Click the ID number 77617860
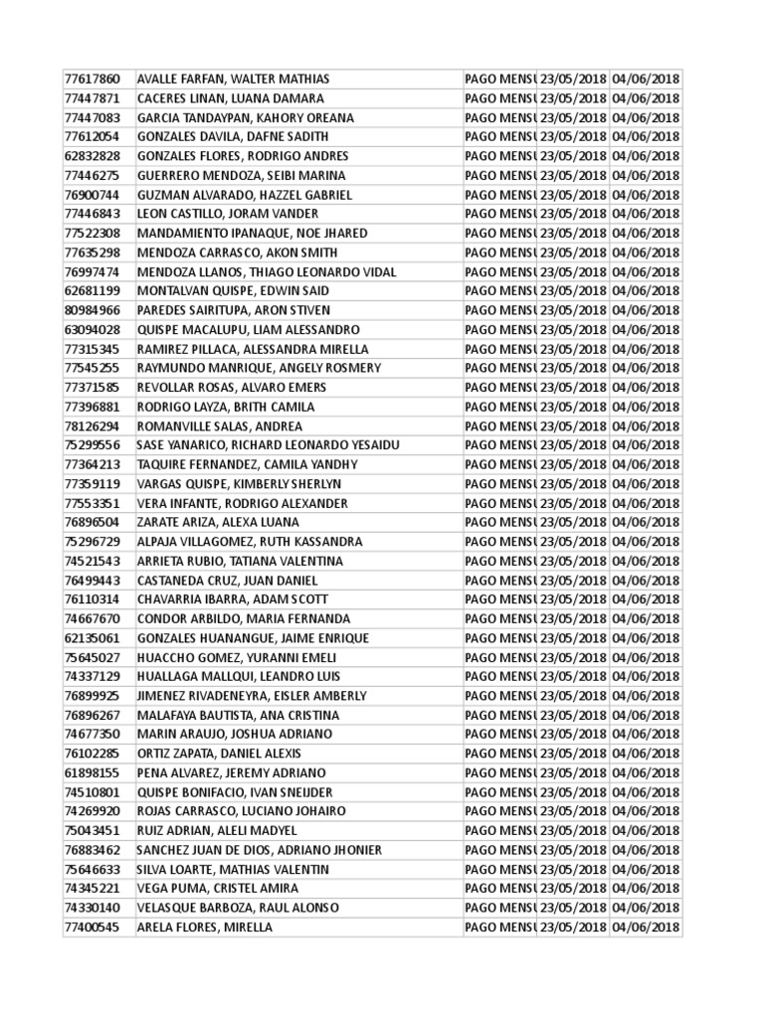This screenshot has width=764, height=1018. coord(92,79)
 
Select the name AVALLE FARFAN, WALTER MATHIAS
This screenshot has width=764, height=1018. coord(233,79)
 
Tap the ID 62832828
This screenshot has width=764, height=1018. coord(92,156)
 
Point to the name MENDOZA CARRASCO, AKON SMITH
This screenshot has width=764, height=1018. coord(239,253)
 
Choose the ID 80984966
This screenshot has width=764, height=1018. coord(92,310)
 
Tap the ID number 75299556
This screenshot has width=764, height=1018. coord(92,444)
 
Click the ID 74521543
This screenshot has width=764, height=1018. coord(92,561)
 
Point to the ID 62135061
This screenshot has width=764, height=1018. coord(92,638)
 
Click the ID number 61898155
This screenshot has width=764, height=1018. coord(92,772)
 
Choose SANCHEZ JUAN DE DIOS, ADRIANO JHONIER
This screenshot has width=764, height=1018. coord(259,850)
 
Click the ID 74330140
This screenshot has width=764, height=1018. coord(92,908)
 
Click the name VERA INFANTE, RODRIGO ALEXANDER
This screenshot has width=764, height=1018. coord(242,503)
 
